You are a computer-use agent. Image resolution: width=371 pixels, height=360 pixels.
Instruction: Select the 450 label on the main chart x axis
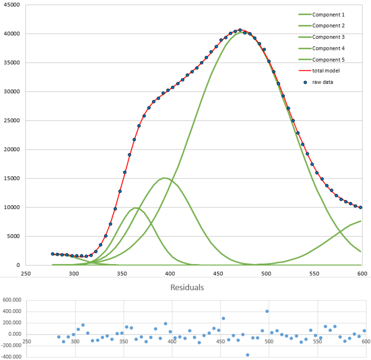pyautogui.click(x=218, y=273)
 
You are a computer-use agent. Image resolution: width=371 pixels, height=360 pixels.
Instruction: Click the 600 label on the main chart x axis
pyautogui.click(x=362, y=273)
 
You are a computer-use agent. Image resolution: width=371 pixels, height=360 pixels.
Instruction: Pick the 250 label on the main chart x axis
pyautogui.click(x=26, y=273)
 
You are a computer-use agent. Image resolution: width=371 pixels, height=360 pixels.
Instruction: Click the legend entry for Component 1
pyautogui.click(x=328, y=15)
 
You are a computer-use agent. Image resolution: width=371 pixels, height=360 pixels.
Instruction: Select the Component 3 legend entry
pyautogui.click(x=328, y=37)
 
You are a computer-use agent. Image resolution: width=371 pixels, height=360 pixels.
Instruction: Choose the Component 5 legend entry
pyautogui.click(x=328, y=59)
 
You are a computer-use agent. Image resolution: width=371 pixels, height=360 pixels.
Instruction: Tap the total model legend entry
pyautogui.click(x=326, y=71)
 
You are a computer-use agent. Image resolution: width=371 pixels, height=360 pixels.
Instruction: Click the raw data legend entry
pyautogui.click(x=323, y=82)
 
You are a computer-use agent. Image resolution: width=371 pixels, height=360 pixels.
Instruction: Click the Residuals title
pyautogui.click(x=187, y=287)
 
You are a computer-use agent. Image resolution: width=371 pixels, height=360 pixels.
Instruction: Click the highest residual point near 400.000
pyautogui.click(x=267, y=311)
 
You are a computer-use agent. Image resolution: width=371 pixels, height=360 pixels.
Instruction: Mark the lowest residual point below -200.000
pyautogui.click(x=248, y=355)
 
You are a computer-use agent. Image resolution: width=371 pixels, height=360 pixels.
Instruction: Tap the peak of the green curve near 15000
pyautogui.click(x=164, y=178)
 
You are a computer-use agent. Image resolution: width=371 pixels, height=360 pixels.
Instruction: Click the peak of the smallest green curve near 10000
pyautogui.click(x=135, y=208)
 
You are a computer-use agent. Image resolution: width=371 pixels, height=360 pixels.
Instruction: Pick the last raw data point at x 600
pyautogui.click(x=361, y=207)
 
